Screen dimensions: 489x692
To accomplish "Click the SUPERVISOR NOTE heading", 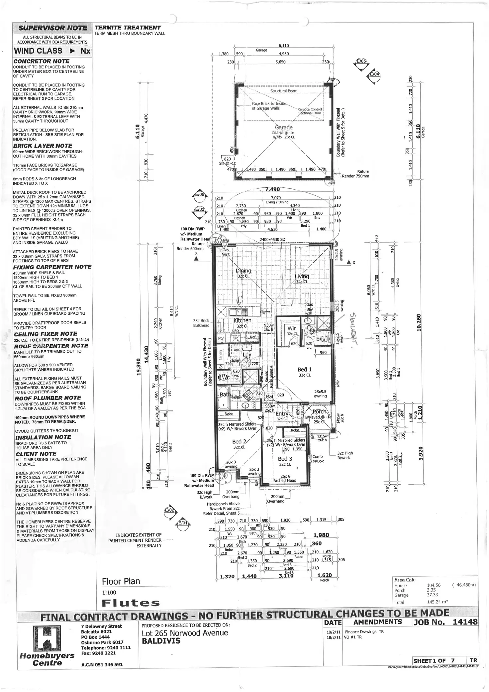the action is pos(52,28).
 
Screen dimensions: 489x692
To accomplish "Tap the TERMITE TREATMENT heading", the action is pos(128,28).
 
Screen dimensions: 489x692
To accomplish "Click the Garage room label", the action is pos(284,127).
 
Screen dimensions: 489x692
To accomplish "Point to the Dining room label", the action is pos(244,271).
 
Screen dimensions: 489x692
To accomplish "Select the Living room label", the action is pos(302,277).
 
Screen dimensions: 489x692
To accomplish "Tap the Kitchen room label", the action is pos(243,320).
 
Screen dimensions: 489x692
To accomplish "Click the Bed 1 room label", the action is pos(304,369).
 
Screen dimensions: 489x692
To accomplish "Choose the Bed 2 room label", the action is pos(239,441).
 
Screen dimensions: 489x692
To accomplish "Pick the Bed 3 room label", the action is pos(285,459).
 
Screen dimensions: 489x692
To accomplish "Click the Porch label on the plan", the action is pos(320,411).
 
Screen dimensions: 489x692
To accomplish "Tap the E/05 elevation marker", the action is pos(361,61).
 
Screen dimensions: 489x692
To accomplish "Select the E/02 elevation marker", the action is pos(169,510).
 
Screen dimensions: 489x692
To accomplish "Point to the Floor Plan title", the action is pos(121,581).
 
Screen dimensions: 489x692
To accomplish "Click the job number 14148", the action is pos(465,622).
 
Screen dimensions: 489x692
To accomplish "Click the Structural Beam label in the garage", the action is pos(284,91).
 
